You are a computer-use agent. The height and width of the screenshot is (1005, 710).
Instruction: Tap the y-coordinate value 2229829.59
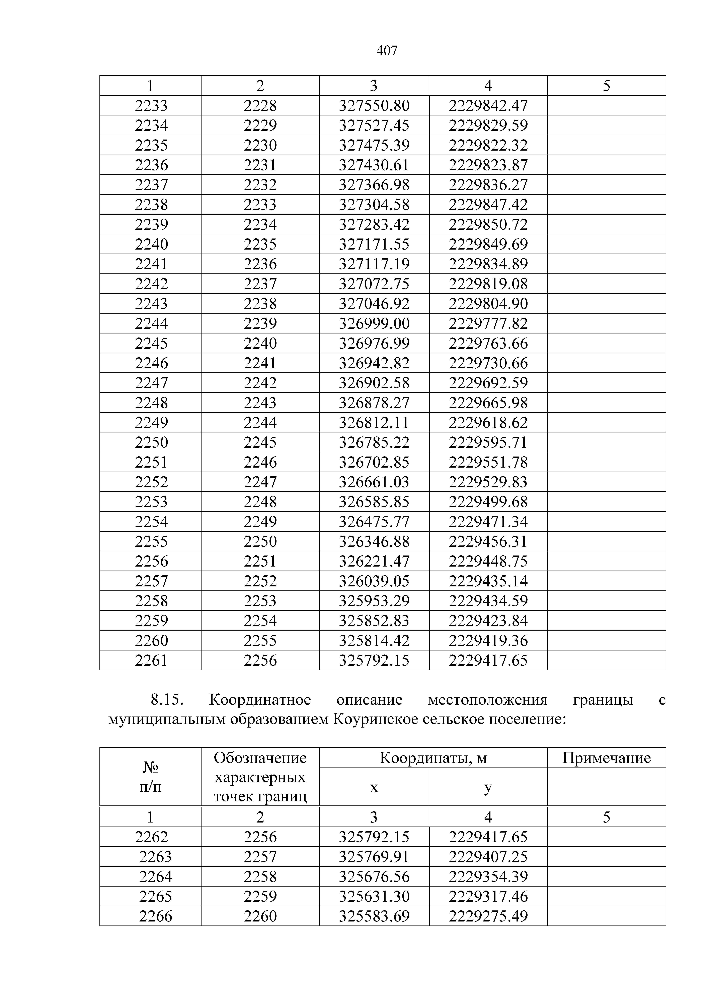tap(488, 126)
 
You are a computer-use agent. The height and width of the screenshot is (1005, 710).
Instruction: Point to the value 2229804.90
tap(488, 304)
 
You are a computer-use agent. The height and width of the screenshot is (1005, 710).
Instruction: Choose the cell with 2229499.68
tap(488, 502)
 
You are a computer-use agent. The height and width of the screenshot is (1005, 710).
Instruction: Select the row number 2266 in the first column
tap(155, 916)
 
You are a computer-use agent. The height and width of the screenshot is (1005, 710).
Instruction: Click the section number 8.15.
tap(166, 700)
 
